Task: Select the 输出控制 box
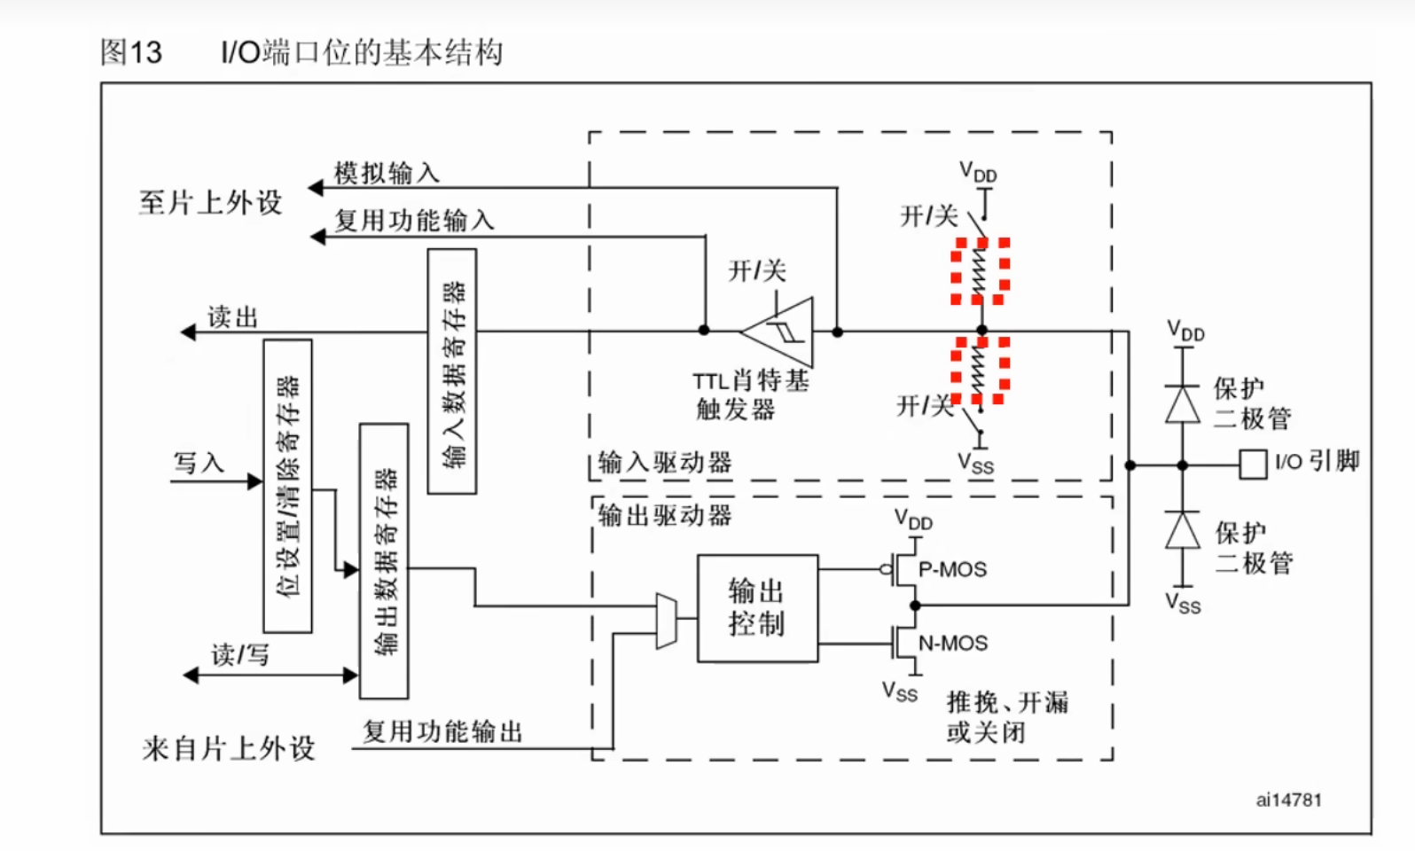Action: click(x=757, y=608)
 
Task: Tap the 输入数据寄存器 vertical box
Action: click(x=452, y=371)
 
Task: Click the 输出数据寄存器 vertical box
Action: click(x=384, y=561)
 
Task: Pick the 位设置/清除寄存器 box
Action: click(x=288, y=486)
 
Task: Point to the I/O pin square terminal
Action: click(x=1252, y=465)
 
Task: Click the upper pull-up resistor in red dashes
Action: click(x=981, y=271)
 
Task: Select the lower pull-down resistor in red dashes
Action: click(x=981, y=370)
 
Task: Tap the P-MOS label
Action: click(x=952, y=569)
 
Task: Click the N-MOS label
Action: click(x=952, y=643)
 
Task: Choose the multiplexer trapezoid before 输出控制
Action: click(x=666, y=621)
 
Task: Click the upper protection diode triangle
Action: click(x=1182, y=404)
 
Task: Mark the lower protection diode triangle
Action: click(x=1182, y=531)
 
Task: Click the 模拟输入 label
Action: click(x=387, y=173)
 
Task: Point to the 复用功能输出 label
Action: click(x=442, y=731)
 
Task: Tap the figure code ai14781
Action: click(x=1288, y=800)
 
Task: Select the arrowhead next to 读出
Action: click(x=189, y=332)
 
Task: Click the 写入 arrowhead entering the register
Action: click(x=255, y=481)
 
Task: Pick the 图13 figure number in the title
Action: click(x=131, y=52)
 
